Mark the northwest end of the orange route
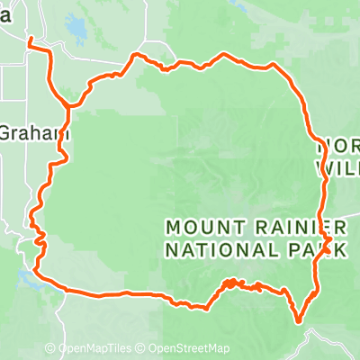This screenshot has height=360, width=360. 30,40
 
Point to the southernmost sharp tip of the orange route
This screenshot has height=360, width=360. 298,318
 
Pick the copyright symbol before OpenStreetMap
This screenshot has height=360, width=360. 142,349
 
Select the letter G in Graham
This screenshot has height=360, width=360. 4,132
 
